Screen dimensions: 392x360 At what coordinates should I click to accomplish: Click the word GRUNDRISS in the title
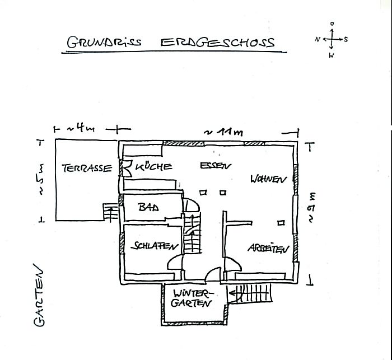coord(104,42)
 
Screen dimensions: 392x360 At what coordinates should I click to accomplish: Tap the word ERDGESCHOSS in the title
coord(217,43)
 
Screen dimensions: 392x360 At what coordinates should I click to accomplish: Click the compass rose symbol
coord(332,40)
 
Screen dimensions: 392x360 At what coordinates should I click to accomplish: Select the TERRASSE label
coord(87,168)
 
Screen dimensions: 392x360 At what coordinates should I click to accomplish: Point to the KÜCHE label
coord(153,166)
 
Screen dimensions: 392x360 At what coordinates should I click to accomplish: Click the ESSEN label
coord(216,166)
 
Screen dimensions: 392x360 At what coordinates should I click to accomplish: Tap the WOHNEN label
coord(268,179)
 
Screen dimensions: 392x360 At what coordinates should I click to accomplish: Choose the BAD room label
coord(148,207)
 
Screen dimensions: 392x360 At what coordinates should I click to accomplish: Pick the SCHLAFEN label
coord(155,246)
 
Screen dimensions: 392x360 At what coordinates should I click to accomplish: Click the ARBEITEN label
coord(268,249)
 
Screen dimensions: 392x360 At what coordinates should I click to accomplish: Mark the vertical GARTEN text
coord(39,295)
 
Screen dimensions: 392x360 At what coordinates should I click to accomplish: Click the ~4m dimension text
coord(81,129)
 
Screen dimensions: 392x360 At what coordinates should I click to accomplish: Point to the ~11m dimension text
coord(223,132)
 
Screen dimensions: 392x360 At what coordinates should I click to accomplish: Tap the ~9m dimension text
coord(312,208)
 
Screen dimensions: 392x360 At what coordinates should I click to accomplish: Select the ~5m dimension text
coord(41,179)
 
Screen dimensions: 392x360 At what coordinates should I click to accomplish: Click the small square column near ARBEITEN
coord(281,222)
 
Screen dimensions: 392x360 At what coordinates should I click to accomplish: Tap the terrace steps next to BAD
coord(110,213)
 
